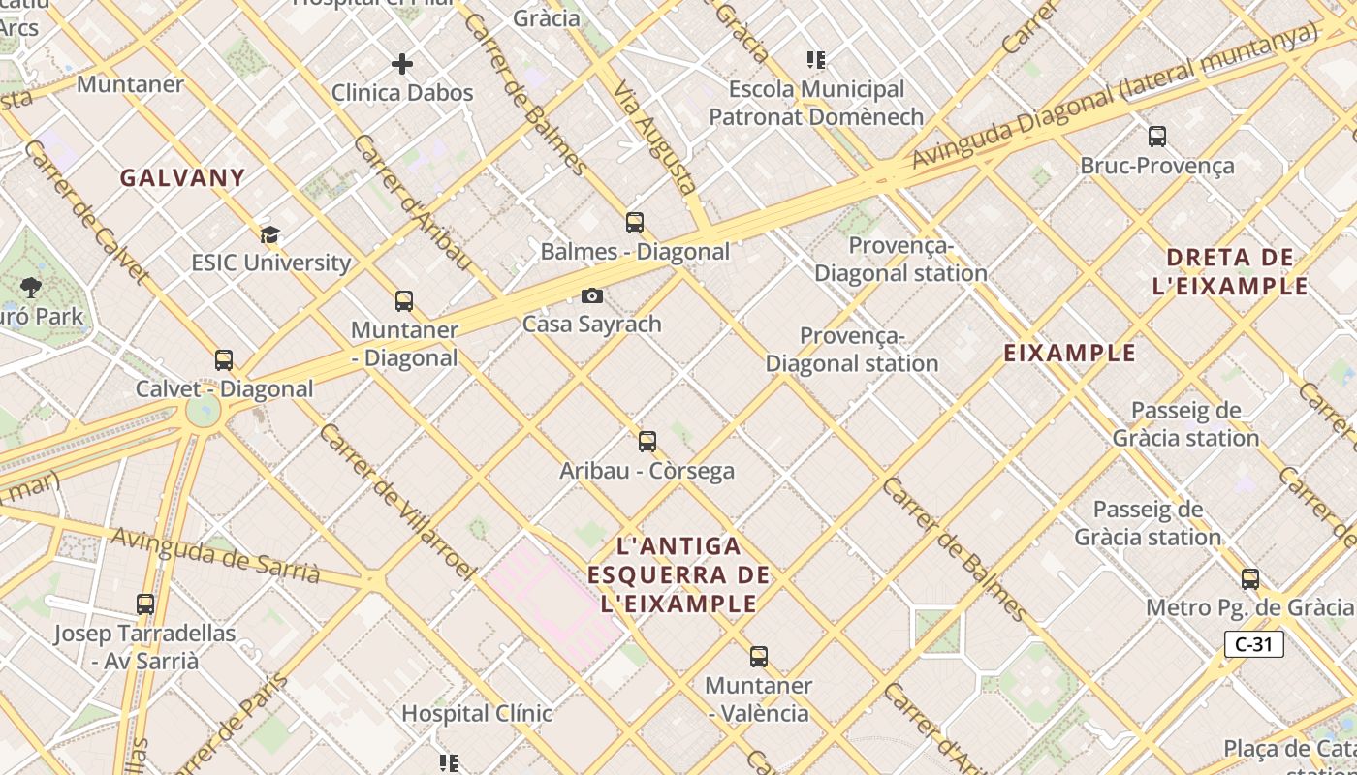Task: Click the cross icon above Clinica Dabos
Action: coord(402,65)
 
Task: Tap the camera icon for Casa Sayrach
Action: coord(591,295)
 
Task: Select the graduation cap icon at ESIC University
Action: coord(269,234)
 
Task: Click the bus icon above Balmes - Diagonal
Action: coord(635,223)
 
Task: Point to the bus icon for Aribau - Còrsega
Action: coord(647,442)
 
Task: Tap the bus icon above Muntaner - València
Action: coord(759,657)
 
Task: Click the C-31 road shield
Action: coord(1253,644)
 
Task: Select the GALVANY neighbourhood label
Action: coord(182,178)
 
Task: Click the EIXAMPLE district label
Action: coord(1069,354)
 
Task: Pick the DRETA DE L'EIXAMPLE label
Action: coord(1231,272)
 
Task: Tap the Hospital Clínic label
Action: coord(477,714)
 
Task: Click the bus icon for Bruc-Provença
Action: coord(1156,137)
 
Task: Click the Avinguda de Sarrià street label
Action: coord(215,555)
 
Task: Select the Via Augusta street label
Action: coord(655,138)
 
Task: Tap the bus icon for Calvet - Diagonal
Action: coord(224,360)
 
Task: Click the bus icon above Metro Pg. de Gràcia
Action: coord(1250,579)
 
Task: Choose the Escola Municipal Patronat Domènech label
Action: coord(816,104)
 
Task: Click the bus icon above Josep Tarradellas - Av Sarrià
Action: coord(145,604)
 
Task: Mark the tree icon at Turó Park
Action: coord(31,287)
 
